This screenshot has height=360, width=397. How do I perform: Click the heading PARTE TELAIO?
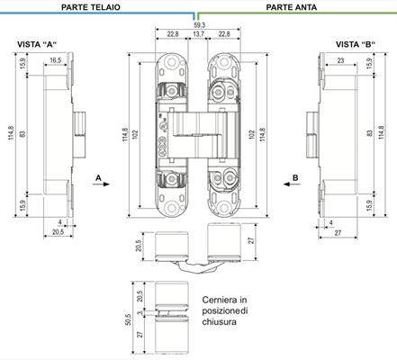[x=91, y=7]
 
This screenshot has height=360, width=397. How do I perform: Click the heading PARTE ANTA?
[x=292, y=7]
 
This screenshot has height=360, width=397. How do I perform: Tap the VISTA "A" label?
[x=37, y=44]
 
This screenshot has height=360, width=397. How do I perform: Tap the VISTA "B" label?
[x=356, y=44]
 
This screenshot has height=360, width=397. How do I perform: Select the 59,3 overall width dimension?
[x=198, y=25]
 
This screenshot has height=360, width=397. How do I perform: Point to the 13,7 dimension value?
[x=198, y=34]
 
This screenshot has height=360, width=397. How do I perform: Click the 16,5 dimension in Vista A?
[x=56, y=60]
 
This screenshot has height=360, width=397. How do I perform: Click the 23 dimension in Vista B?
[x=340, y=60]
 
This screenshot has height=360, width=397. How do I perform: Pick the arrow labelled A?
[x=101, y=184]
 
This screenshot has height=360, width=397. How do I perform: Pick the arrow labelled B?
[x=292, y=184]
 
